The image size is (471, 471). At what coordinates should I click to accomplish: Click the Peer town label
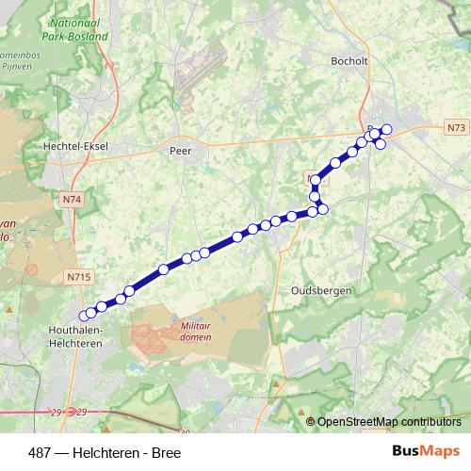[x=180, y=149]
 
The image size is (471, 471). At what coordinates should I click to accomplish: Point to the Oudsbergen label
[x=322, y=291]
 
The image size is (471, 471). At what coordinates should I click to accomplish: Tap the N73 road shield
[x=454, y=126]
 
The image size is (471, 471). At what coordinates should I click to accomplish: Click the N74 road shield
[x=71, y=200]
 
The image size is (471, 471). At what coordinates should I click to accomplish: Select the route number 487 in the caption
[x=39, y=452]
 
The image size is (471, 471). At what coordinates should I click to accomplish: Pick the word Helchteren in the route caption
[x=106, y=452]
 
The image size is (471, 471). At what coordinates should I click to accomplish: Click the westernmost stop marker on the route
[x=84, y=316]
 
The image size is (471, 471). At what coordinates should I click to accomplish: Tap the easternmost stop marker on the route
[x=386, y=129]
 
